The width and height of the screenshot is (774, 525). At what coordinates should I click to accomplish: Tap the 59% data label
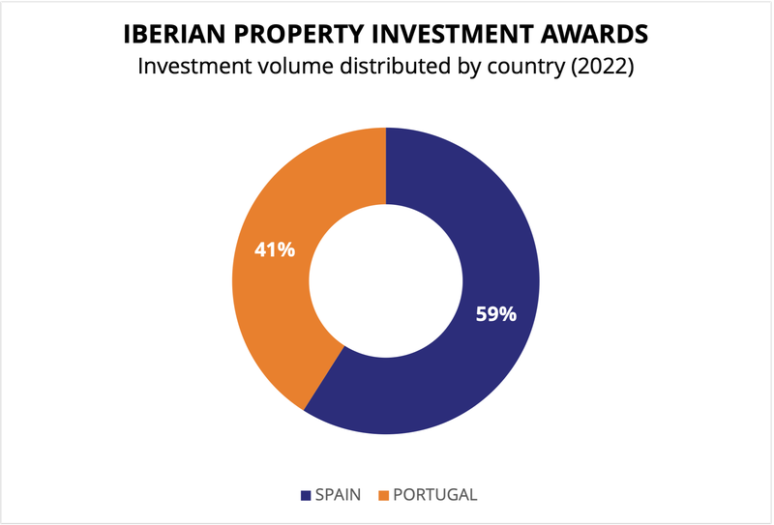click(x=495, y=314)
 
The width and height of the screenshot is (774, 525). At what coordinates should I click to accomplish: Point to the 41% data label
click(x=274, y=249)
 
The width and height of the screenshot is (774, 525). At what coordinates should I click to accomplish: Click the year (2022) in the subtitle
click(x=599, y=68)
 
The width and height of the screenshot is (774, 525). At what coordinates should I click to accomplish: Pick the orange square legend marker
click(x=382, y=495)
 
